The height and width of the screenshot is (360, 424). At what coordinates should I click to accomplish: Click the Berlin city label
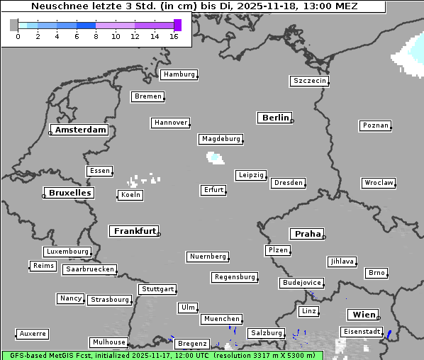coord(275,118)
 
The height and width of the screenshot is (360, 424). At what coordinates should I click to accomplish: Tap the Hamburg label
coord(178,74)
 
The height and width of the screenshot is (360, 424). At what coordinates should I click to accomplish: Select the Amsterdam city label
coord(80,130)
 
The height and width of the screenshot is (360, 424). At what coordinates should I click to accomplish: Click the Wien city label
coord(363,315)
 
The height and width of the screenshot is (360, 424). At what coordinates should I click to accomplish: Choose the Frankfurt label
coord(134,231)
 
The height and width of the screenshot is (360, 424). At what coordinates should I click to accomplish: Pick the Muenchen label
coord(222,320)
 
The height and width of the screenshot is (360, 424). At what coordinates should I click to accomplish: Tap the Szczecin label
coord(309,81)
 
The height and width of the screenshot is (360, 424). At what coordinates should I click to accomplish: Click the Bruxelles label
coord(69,193)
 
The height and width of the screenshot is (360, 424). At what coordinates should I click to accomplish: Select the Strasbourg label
coord(110,300)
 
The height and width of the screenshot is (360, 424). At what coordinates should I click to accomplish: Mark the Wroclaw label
coord(378,183)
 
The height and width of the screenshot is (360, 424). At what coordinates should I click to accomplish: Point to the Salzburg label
coord(266,333)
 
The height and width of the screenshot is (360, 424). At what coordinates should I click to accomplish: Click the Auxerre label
coord(33,333)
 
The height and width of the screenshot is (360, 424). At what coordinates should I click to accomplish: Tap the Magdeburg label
coord(221,139)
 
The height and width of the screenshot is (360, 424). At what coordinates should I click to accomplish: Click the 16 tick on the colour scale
coord(174,36)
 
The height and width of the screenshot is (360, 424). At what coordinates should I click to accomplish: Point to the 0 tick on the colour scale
coord(18,36)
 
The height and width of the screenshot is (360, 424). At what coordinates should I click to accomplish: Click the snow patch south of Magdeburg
coord(214,157)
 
